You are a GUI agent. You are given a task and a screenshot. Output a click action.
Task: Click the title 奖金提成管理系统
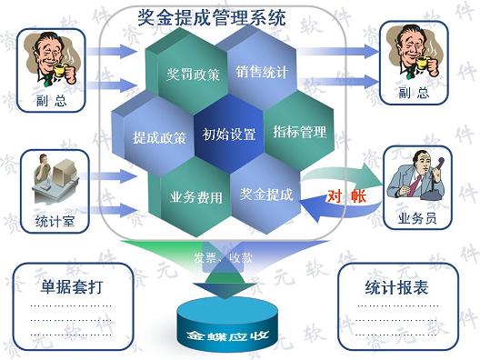point(212,17)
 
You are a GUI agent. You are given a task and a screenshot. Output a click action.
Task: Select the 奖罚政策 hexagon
point(193,74)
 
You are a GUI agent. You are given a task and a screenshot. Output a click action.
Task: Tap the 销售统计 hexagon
point(262,72)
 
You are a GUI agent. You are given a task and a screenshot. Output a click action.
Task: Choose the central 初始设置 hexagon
point(229,134)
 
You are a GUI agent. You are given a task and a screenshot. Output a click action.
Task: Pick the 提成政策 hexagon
point(159,138)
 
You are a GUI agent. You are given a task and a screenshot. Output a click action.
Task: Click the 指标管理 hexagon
point(299,132)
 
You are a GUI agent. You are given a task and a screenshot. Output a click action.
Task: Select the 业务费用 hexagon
point(196,197)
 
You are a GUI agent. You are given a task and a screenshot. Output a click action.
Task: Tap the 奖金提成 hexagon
point(265,194)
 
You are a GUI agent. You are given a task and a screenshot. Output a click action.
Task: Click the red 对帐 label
point(347,196)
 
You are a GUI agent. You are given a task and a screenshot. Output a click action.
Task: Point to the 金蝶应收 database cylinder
point(227,325)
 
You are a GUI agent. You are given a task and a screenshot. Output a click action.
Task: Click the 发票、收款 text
point(223,258)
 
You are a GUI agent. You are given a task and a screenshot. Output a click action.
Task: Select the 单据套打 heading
point(72,287)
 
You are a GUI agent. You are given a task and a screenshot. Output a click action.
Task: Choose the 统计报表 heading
point(396,288)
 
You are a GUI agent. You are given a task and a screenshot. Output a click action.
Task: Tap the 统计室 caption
point(55,221)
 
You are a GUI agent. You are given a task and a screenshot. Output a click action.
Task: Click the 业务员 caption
point(417,218)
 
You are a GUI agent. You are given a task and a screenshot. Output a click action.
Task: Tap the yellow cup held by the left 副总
point(60,70)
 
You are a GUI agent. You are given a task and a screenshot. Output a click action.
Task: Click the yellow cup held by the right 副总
point(423,62)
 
